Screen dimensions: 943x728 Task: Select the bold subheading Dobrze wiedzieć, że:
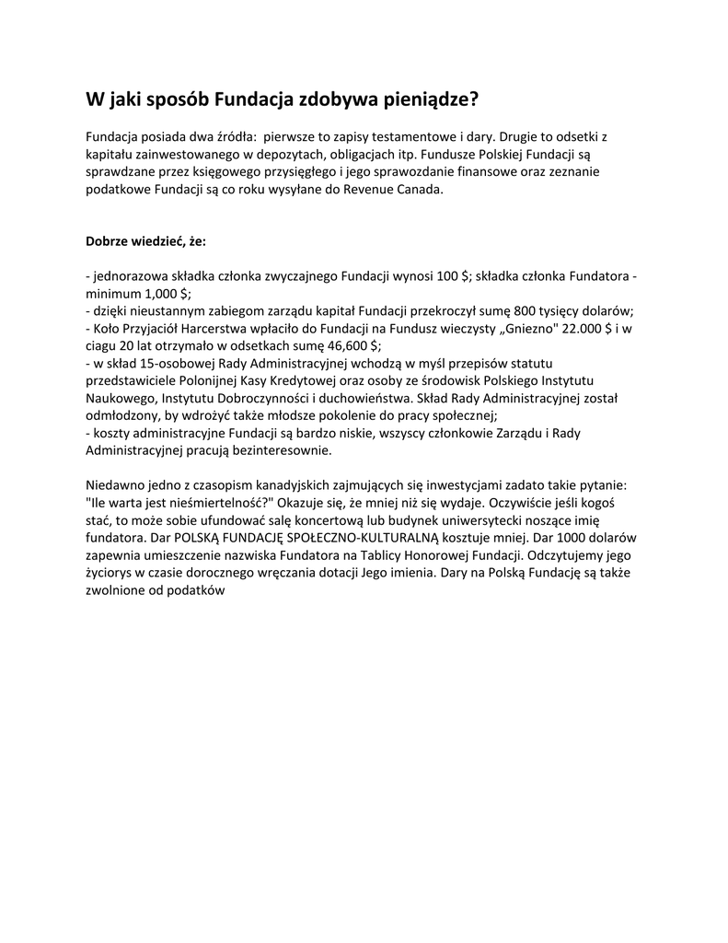pyautogui.click(x=146, y=241)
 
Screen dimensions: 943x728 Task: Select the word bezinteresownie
pyautogui.click(x=277, y=451)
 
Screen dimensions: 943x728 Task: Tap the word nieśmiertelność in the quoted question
pyautogui.click(x=194, y=504)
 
